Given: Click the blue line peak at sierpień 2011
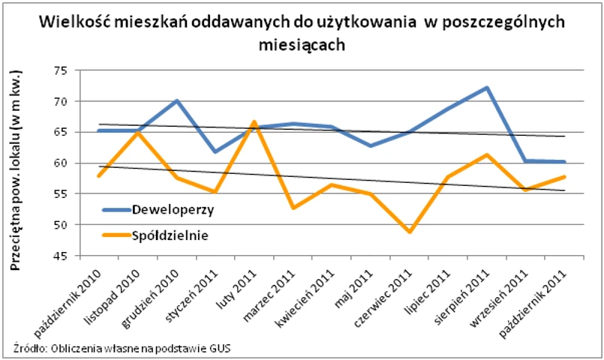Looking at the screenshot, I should pyautogui.click(x=487, y=88).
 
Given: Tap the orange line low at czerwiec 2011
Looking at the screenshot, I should pyautogui.click(x=410, y=232).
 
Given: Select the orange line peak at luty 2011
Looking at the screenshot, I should pyautogui.click(x=254, y=121).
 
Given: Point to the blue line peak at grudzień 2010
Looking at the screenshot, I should pyautogui.click(x=176, y=100).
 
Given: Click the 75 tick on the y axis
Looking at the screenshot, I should pyautogui.click(x=59, y=70).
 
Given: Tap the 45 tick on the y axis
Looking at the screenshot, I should pyautogui.click(x=59, y=256).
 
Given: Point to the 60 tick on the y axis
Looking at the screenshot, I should pyautogui.click(x=59, y=163).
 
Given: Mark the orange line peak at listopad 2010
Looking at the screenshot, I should pyautogui.click(x=137, y=133).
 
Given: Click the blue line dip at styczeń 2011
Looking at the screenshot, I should pyautogui.click(x=215, y=151).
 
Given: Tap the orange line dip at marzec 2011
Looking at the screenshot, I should pyautogui.click(x=293, y=208).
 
